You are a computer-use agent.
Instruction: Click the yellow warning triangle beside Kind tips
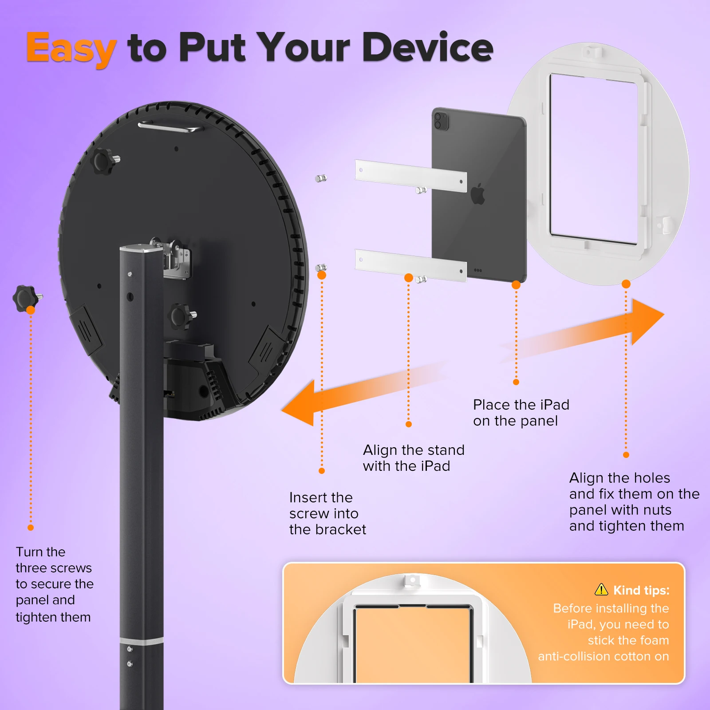[601, 590]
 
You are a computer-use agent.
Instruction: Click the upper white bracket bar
[410, 176]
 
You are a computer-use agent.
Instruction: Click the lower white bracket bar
[410, 265]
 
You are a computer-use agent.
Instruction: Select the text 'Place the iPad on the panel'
[521, 413]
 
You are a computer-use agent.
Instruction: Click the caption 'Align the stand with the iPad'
[413, 458]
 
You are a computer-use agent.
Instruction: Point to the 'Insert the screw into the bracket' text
[327, 513]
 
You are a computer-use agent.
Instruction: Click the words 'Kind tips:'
[641, 590]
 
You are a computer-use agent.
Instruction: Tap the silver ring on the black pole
[142, 641]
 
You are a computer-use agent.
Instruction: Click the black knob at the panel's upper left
[105, 161]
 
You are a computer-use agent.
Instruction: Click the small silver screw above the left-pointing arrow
[321, 268]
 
